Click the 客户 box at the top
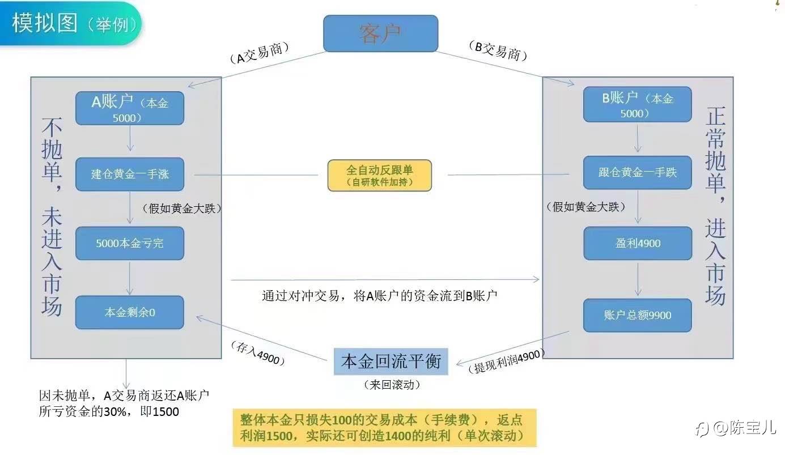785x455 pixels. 380,33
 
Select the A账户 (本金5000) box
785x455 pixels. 130,108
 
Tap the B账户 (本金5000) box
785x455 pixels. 637,104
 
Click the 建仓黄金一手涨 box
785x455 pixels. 130,174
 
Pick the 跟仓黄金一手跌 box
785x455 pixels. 637,172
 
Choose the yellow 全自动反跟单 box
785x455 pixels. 379,175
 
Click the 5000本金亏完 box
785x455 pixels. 130,244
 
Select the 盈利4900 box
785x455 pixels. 637,244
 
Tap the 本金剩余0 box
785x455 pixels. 130,312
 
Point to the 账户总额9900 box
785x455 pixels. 637,315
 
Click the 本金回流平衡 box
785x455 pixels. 391,361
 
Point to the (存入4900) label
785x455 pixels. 257,352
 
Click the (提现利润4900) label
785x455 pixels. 506,360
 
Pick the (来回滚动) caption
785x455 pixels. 392,385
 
